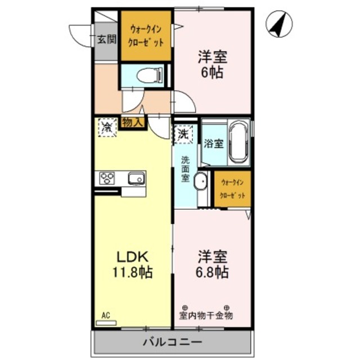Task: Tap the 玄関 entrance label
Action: (106, 39)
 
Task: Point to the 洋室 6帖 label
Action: (212, 65)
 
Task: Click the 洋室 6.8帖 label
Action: (212, 264)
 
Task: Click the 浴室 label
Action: (214, 143)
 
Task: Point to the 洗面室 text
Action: (185, 168)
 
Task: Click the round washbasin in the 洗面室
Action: (200, 182)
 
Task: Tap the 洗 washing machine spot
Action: (184, 134)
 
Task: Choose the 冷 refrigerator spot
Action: (107, 126)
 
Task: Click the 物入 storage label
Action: (133, 121)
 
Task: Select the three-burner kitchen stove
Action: (107, 178)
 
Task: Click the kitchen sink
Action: (136, 178)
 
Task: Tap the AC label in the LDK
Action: (105, 316)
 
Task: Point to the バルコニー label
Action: (172, 341)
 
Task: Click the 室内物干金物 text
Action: (206, 315)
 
